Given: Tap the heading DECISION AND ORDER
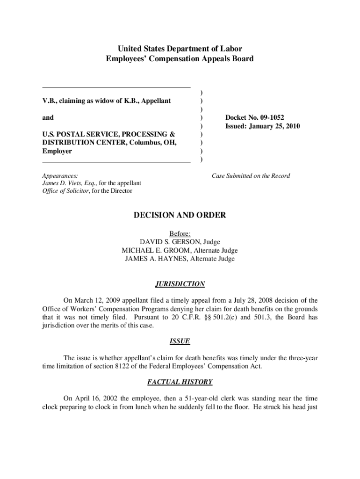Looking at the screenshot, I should click(180, 215).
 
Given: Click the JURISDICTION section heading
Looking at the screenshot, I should click(180, 284).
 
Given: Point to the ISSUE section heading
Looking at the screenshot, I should click(180, 341).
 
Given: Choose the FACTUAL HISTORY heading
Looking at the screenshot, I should click(180, 382).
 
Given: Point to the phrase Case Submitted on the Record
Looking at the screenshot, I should click(251, 176).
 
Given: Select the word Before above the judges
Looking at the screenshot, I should click(180, 233).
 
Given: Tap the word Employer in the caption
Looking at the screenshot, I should click(57, 151).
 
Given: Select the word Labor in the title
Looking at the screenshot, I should click(232, 49).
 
